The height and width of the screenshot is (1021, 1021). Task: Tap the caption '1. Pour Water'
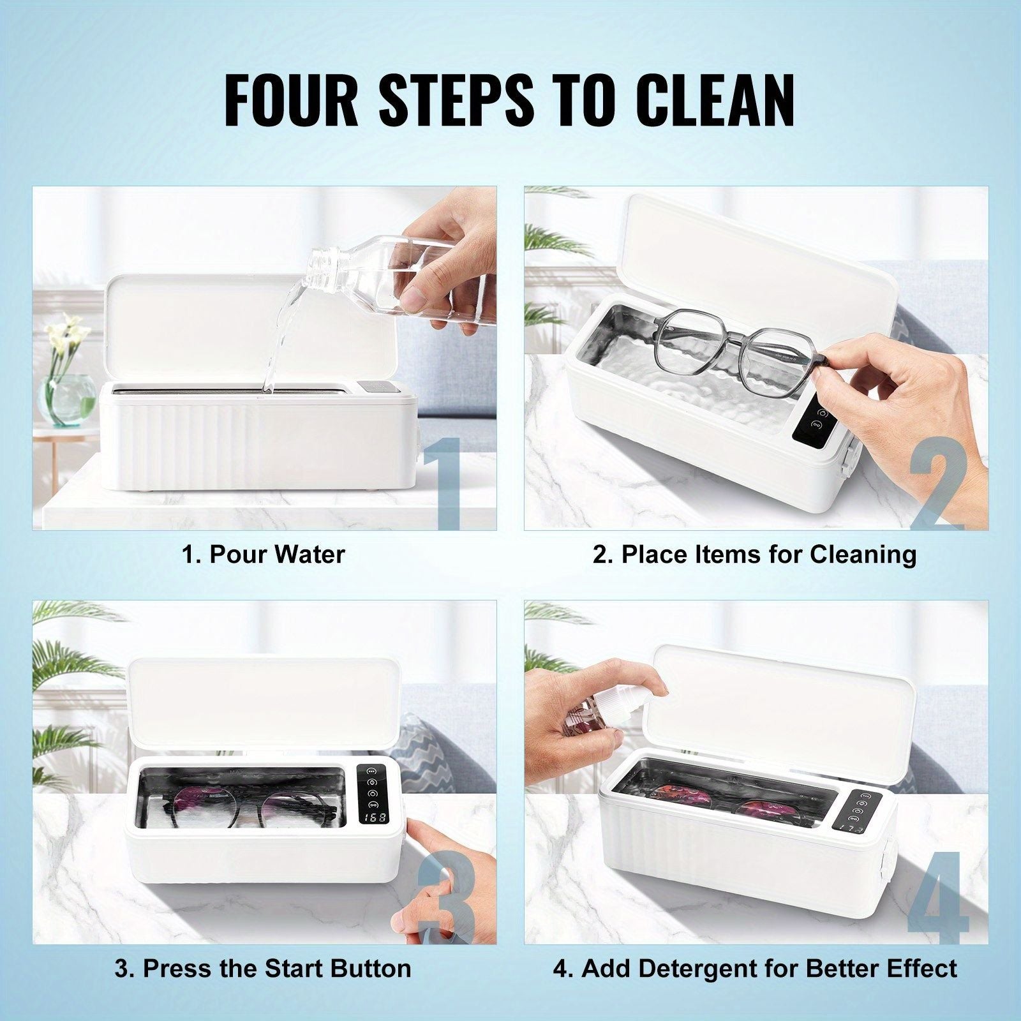coord(264,554)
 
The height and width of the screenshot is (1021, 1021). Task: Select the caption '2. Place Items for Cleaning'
coord(755,554)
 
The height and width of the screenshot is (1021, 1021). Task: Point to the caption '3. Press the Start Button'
coord(263,968)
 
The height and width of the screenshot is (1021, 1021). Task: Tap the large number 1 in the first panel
coord(442,483)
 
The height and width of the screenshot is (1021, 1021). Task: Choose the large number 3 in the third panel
coord(447,897)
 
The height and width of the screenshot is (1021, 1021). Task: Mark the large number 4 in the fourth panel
coord(938,897)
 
